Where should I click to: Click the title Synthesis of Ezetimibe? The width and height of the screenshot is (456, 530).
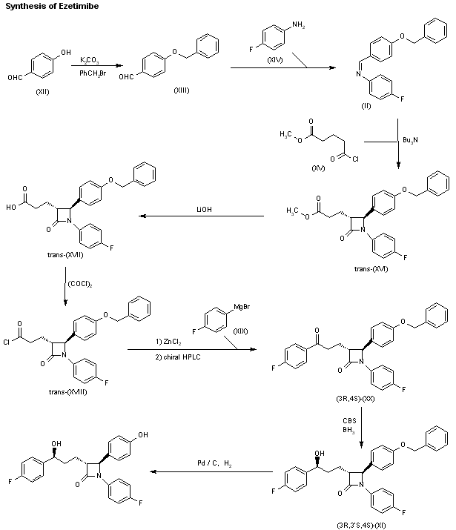click(52, 6)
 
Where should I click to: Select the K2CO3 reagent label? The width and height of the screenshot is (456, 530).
click(90, 60)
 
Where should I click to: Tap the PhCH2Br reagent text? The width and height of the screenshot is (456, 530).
click(93, 73)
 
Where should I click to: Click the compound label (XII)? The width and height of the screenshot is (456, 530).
click(42, 92)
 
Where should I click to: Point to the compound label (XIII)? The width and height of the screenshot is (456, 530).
click(182, 90)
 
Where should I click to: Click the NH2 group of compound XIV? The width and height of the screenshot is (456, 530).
click(299, 24)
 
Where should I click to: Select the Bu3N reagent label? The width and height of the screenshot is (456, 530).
click(410, 140)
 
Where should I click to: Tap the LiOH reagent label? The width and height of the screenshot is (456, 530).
click(204, 210)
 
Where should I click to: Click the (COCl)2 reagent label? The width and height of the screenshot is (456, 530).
click(80, 284)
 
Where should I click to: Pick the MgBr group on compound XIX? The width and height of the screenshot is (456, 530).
click(242, 307)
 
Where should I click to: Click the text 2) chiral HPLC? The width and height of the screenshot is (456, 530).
click(178, 357)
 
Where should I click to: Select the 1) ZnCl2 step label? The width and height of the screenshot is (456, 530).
click(168, 342)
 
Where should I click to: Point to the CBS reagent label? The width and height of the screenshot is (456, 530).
click(349, 420)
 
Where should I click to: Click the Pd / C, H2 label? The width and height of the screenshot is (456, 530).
click(214, 463)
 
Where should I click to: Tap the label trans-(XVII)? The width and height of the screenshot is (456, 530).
click(65, 255)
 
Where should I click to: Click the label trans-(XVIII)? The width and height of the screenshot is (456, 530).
click(68, 391)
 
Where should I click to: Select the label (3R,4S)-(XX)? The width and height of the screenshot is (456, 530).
click(355, 399)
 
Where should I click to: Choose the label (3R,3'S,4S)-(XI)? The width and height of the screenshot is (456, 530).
click(361, 525)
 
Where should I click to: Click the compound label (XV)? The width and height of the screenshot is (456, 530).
click(318, 168)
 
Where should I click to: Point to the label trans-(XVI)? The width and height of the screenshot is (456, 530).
click(371, 269)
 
